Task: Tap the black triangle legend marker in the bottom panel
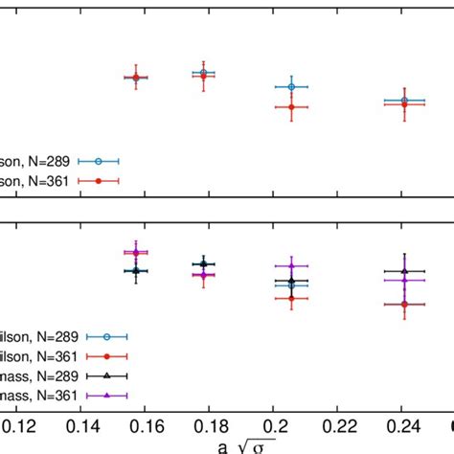pos(107,375)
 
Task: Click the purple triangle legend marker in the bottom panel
pos(107,394)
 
